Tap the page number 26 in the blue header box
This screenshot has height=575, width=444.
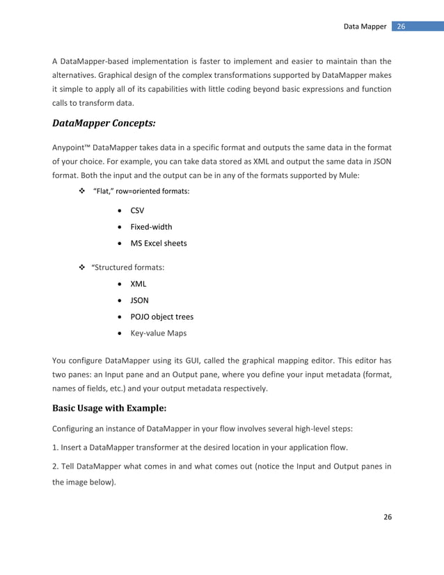(x=402, y=26)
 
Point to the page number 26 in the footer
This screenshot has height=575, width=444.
(x=388, y=517)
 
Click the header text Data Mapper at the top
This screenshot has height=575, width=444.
(x=365, y=26)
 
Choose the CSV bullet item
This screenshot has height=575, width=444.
(x=138, y=210)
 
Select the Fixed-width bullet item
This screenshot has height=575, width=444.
(x=151, y=226)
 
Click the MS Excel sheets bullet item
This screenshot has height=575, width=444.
(x=159, y=243)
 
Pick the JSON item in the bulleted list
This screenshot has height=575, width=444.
(x=139, y=300)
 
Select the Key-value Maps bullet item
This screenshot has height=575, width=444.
(x=159, y=333)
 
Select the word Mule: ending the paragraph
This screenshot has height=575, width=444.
(x=349, y=175)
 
